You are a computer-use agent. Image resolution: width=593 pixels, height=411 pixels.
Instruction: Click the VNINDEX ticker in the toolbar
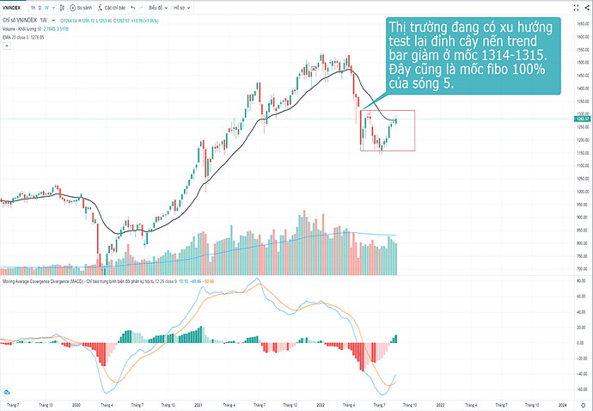pos(16,7)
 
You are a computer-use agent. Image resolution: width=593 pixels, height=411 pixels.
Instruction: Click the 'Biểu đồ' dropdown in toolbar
pos(158,7)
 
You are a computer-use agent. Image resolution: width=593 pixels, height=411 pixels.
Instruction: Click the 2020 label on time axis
pos(76,403)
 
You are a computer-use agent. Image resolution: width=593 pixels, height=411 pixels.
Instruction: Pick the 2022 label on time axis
pos(319,403)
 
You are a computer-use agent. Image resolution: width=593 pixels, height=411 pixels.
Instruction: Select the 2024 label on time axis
pos(562,403)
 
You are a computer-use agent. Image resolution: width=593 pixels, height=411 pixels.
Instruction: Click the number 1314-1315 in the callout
pos(516,55)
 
